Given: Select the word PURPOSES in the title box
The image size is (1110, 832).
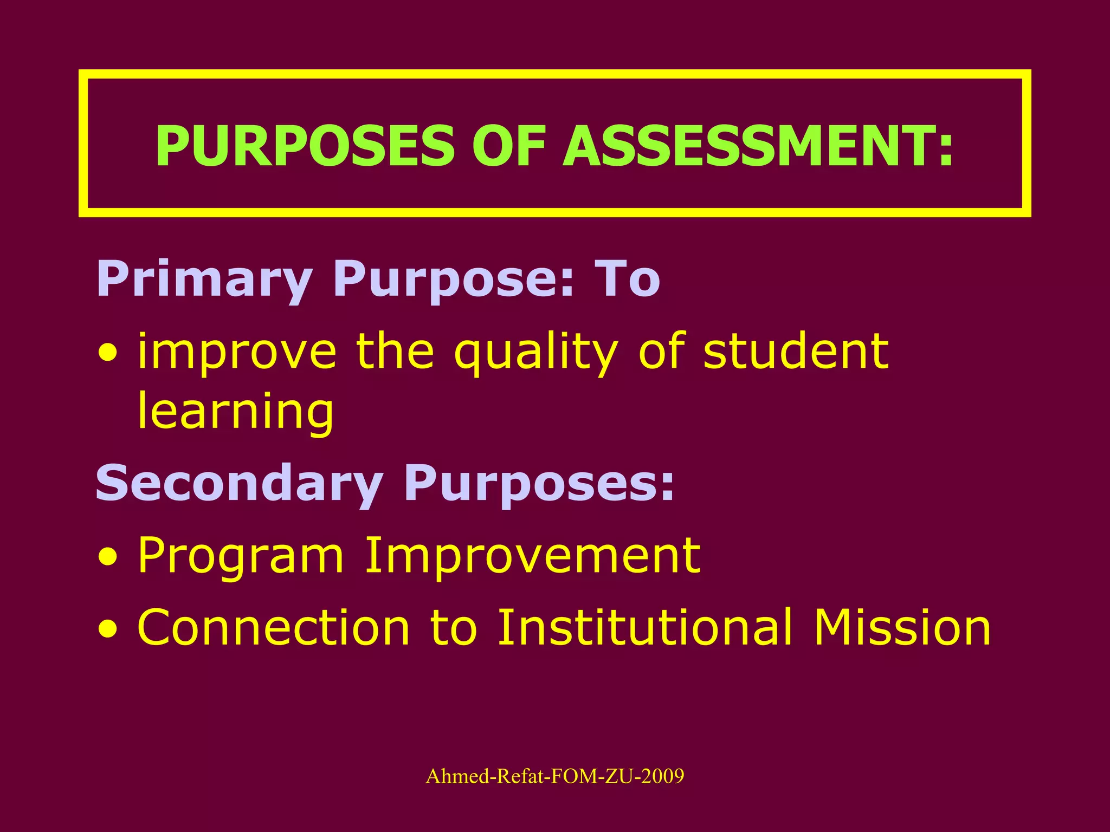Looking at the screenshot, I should (305, 146).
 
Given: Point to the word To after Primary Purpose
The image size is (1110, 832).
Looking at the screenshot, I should (627, 278).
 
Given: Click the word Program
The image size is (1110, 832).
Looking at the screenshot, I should (241, 556).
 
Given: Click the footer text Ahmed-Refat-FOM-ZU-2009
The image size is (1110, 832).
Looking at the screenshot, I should (555, 776).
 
